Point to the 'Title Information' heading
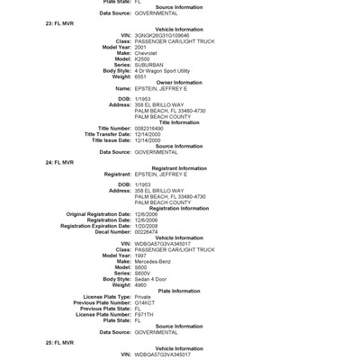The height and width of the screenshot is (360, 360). point(179,122)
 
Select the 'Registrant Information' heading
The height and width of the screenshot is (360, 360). point(179,168)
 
